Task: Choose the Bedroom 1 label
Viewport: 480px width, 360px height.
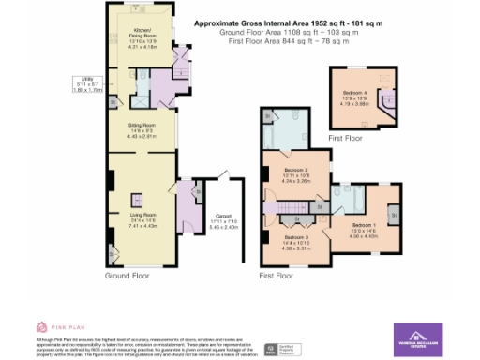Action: point(366,227)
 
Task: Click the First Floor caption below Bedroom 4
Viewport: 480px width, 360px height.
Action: point(344,138)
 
